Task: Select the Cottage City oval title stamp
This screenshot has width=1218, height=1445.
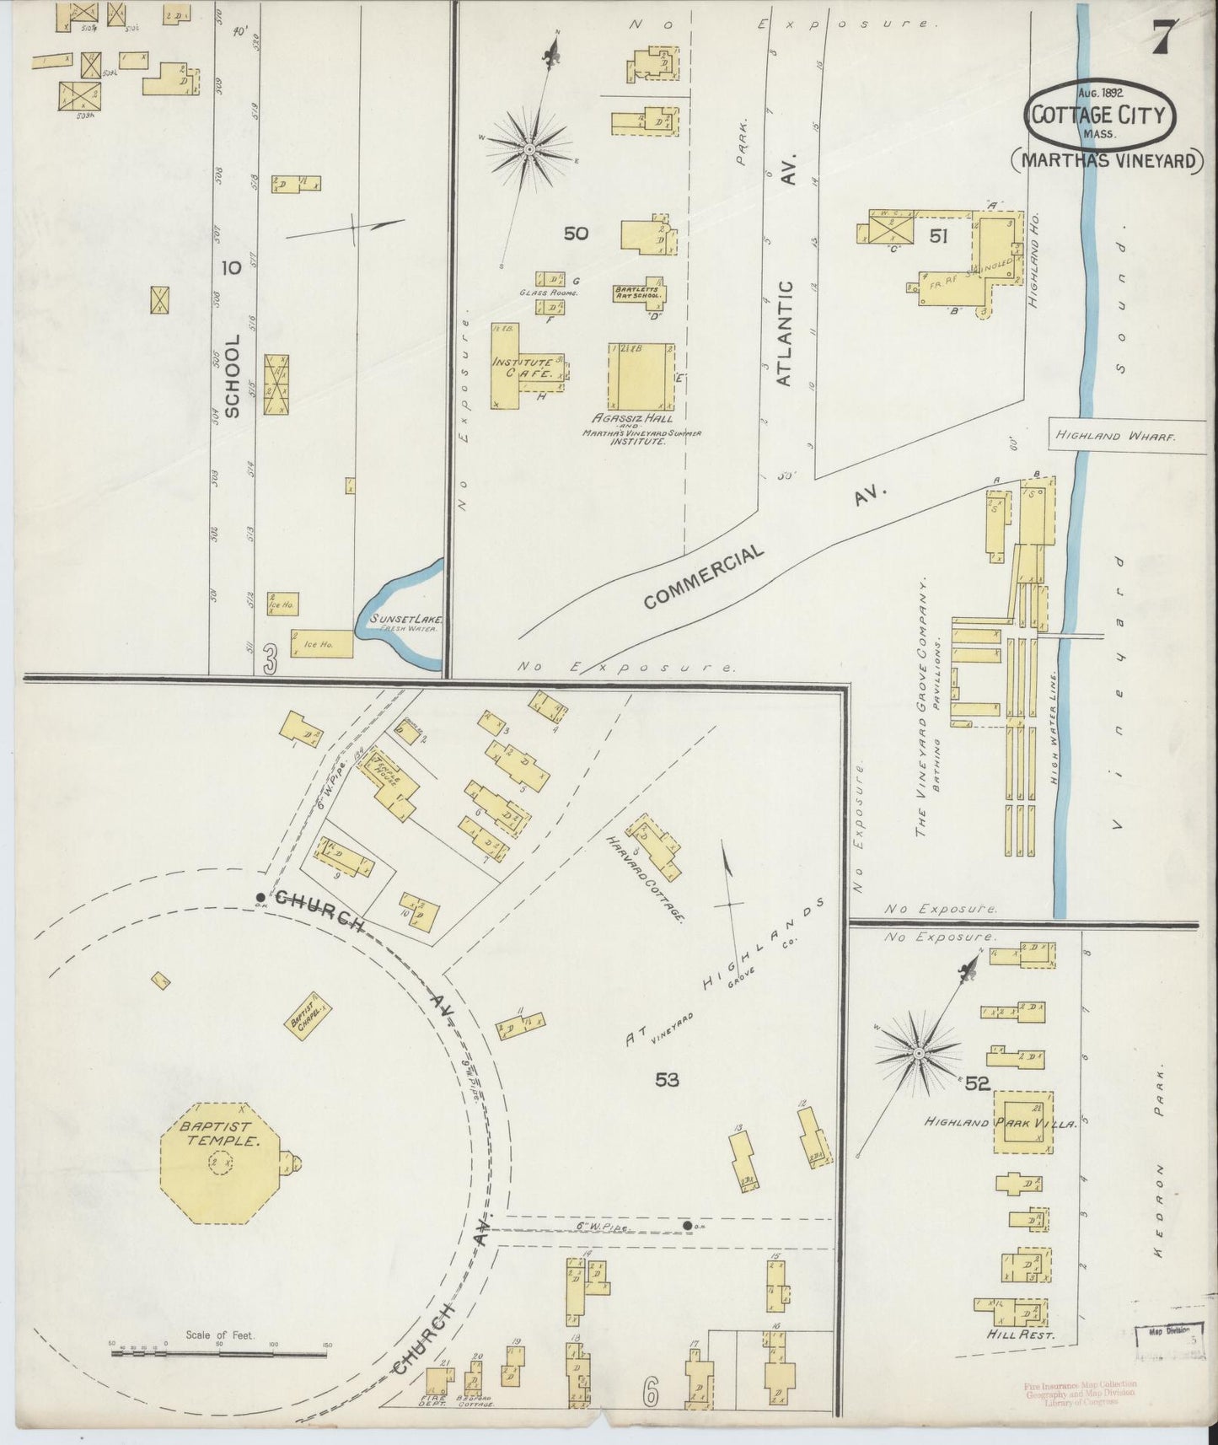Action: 1099,115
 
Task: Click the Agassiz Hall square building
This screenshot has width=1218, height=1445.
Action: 641,377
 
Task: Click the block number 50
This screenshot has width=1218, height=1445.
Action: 576,233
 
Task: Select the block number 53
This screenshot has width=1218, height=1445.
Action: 666,1079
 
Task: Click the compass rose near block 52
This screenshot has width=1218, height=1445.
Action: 918,1054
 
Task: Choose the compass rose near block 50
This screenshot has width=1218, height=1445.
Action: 529,150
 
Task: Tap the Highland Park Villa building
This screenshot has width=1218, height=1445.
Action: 1023,1121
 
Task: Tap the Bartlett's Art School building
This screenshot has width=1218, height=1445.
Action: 638,293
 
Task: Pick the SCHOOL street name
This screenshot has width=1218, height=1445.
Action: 233,375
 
